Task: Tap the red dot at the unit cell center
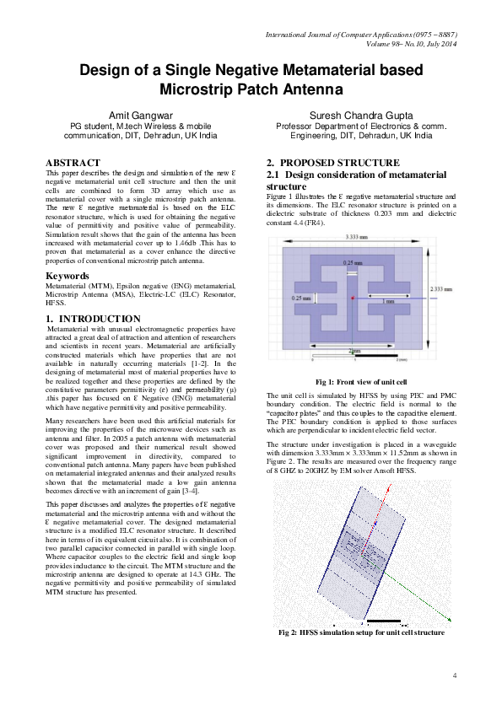(x=352, y=299)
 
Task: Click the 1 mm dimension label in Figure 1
(x=388, y=300)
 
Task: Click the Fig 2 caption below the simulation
(x=361, y=632)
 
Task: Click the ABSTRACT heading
(x=73, y=162)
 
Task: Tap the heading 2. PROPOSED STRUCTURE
(x=332, y=162)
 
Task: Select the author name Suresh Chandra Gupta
(x=360, y=114)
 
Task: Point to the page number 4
(x=455, y=675)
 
